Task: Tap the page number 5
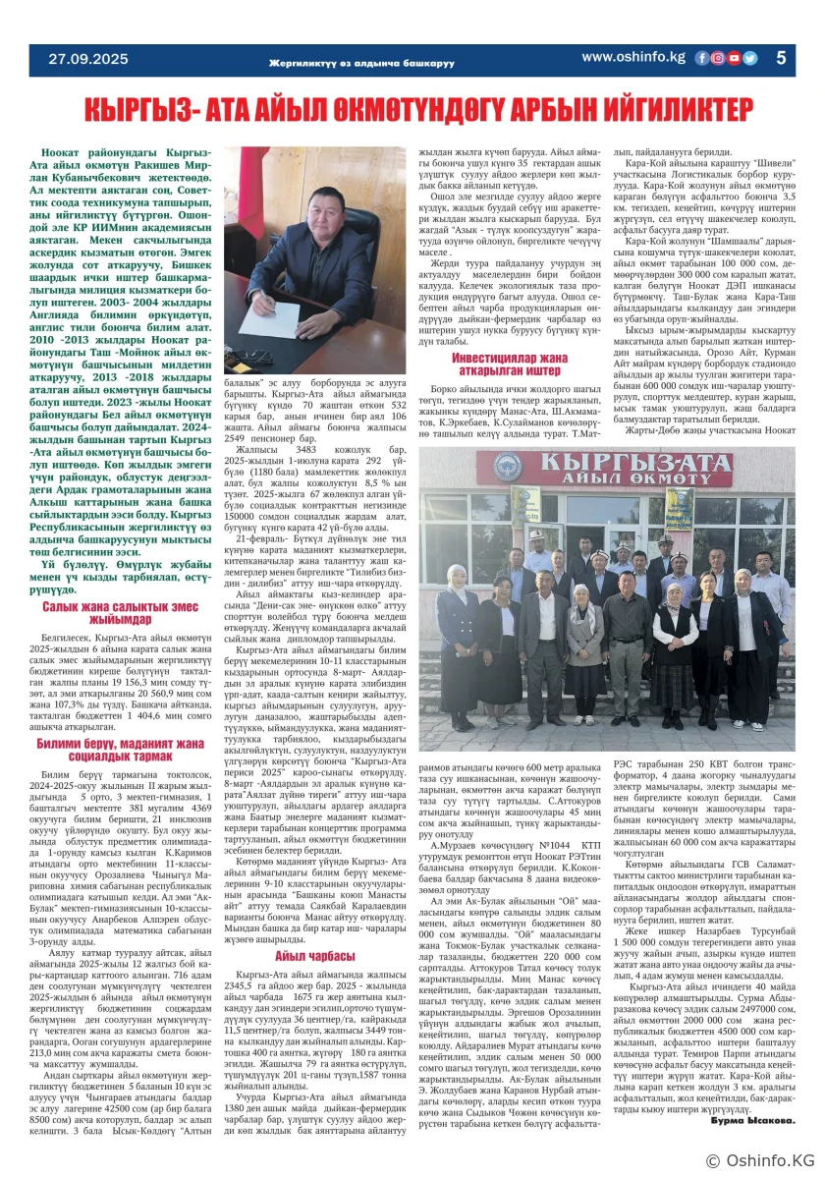pyautogui.click(x=782, y=58)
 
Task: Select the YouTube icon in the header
pyautogui.click(x=734, y=58)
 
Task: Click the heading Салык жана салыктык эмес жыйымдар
pyautogui.click(x=116, y=613)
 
